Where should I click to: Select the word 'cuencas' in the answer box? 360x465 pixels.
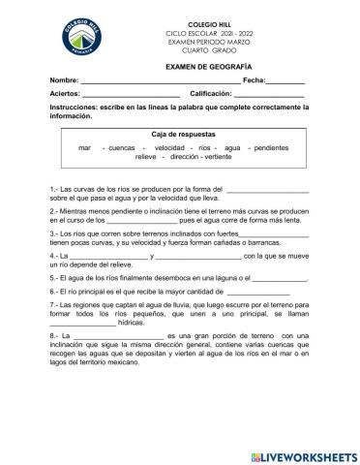(122, 147)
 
